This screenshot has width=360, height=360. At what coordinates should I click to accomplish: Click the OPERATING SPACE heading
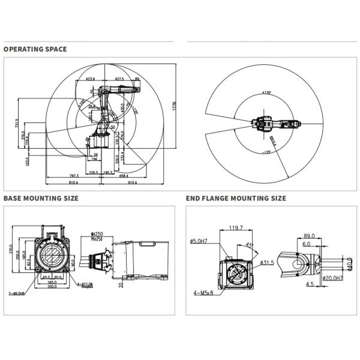click(35, 49)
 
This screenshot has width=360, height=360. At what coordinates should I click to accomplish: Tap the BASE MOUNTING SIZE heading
click(40, 197)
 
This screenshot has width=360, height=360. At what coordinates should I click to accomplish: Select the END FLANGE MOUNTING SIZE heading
click(236, 197)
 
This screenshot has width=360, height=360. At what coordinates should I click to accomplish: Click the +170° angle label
click(266, 93)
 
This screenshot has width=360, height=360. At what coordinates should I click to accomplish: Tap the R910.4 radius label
click(274, 142)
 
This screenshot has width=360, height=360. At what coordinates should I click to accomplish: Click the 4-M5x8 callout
click(203, 292)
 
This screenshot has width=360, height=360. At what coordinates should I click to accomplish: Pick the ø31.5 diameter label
click(268, 263)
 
